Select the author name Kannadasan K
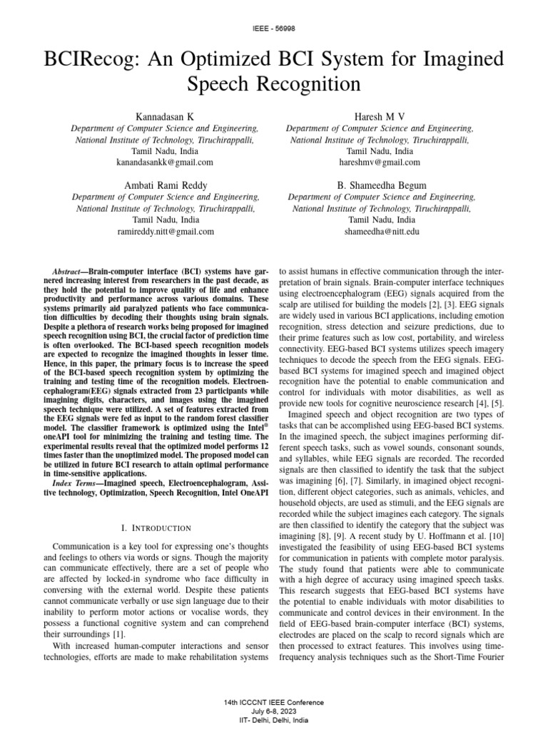coord(165,115)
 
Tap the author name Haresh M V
coord(380,115)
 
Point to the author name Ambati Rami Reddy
coord(165,185)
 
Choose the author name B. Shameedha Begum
coord(381,185)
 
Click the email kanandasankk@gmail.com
coord(165,163)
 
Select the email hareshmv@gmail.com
coord(380,163)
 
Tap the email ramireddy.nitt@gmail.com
coord(165,232)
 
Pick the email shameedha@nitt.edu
coord(381,232)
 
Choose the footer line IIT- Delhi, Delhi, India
coord(274,721)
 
